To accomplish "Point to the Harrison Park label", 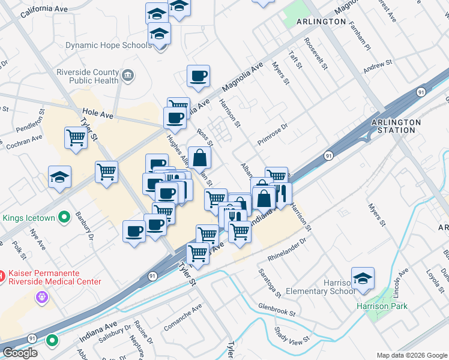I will click(x=382, y=306).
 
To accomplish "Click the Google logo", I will click(x=20, y=353).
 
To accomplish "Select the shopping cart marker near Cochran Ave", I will click(x=76, y=137).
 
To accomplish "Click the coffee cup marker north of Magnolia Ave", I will click(x=198, y=76).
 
